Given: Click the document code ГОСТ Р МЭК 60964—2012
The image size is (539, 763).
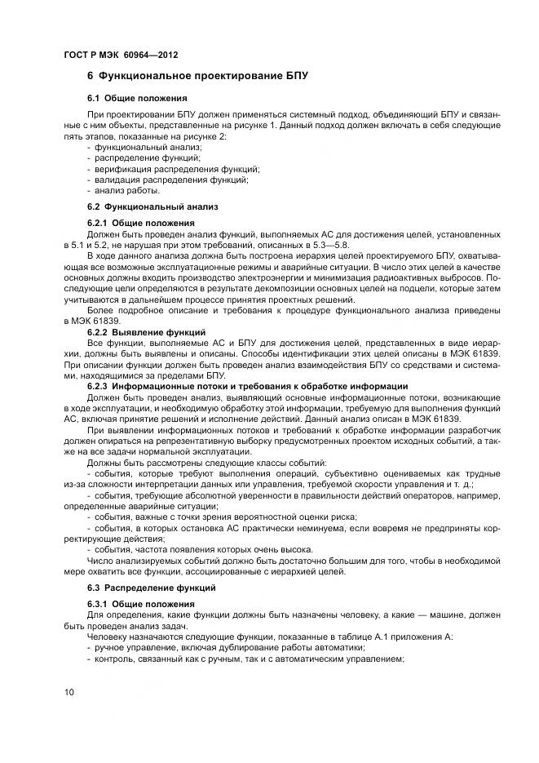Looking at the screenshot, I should [120, 55].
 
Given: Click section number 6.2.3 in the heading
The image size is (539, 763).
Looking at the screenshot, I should [97, 386].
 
